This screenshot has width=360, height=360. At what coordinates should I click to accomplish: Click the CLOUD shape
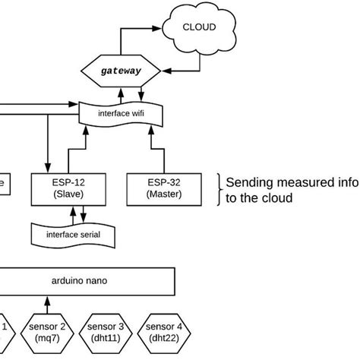199,27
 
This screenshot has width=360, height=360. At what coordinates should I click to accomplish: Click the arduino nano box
86,280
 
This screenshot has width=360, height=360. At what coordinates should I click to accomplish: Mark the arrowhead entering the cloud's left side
162,27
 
